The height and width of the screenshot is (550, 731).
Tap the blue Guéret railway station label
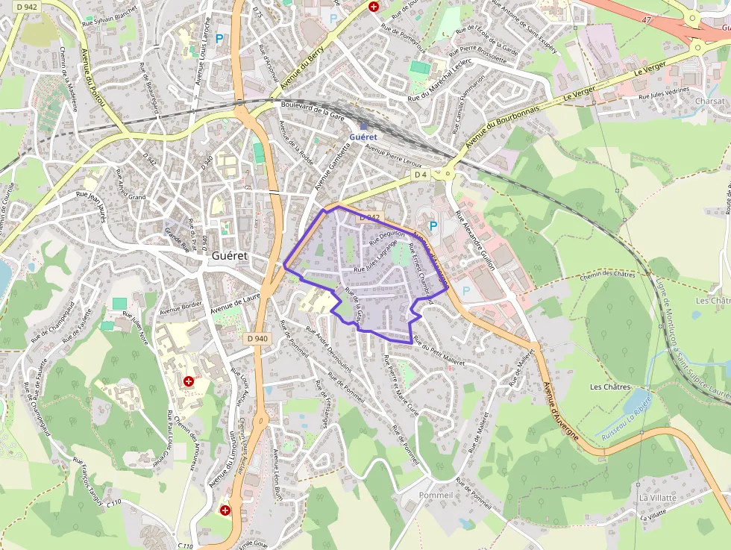(364, 137)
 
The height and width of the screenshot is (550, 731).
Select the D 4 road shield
(421, 175)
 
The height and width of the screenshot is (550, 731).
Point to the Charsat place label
(709, 101)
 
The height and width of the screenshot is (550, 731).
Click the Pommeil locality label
(436, 496)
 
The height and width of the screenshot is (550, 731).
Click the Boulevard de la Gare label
(313, 113)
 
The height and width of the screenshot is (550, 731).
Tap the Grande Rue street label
(178, 241)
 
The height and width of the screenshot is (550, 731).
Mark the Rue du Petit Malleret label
(439, 353)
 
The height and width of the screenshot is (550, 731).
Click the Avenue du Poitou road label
(94, 75)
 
